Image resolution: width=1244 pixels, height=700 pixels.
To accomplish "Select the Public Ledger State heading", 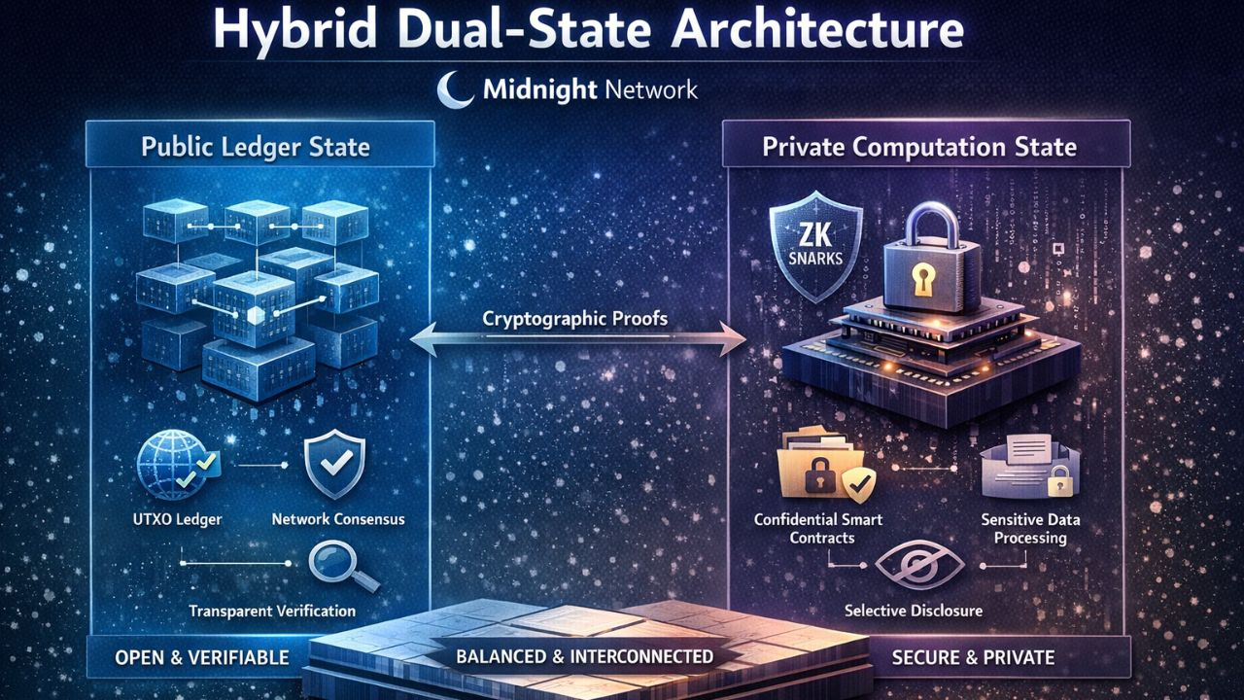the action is point(256,148).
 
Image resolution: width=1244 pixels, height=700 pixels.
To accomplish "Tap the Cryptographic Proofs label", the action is point(575,317).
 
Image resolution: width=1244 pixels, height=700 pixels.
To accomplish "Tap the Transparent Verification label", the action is point(273,611).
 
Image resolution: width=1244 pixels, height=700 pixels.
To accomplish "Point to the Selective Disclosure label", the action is point(914,611).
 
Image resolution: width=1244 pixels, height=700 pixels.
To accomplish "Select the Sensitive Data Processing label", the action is point(1029,528).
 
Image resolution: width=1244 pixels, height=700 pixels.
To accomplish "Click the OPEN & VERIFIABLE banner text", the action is point(201,657).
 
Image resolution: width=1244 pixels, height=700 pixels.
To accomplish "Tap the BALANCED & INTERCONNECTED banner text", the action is point(584,656).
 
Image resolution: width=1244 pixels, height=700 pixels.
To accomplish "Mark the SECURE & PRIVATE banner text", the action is point(973,657).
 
